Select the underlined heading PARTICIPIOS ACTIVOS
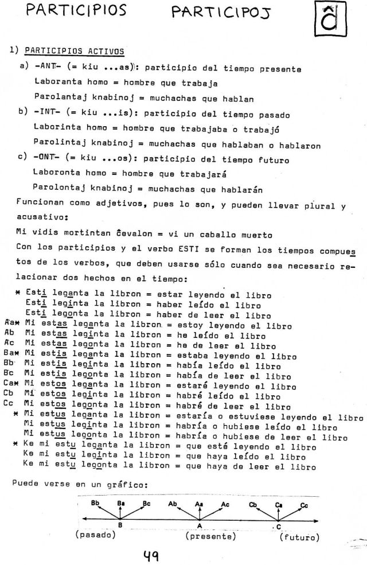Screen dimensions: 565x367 coord(75,51)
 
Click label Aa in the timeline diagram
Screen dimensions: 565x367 coord(198,504)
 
